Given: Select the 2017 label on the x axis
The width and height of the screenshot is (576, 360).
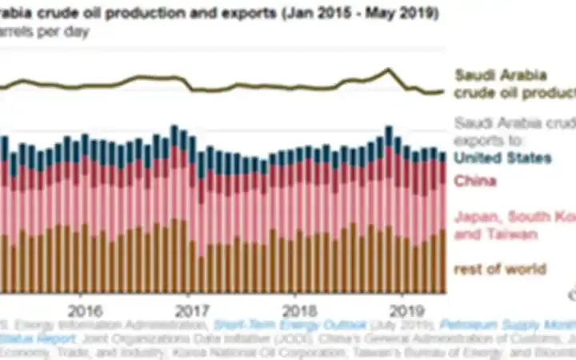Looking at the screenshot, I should [190, 310].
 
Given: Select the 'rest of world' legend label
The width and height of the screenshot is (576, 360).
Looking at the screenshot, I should [500, 269].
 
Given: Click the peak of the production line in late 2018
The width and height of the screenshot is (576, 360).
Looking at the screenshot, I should [388, 70].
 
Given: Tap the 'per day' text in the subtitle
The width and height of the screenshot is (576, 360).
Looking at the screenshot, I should [66, 32].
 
